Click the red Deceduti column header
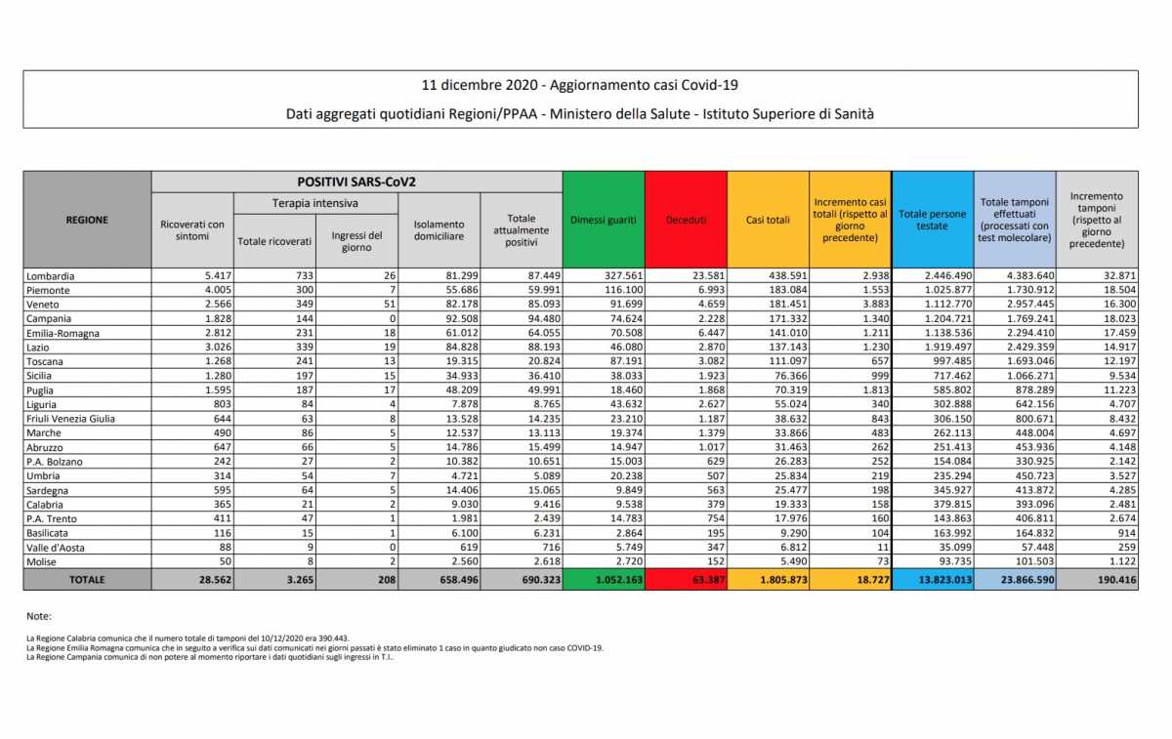686,220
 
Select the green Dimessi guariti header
603,220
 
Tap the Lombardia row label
52,276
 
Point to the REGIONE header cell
87,220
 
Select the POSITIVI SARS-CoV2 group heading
356,182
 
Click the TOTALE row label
87,579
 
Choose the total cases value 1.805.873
770,579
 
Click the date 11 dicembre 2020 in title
477,86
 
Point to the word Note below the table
39,616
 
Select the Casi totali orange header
768,220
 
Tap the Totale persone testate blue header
933,220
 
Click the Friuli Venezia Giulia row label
72,418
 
